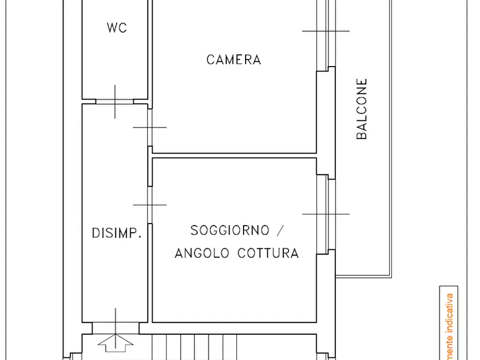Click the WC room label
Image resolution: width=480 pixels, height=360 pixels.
[117, 28]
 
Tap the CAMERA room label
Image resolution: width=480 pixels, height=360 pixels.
[234, 60]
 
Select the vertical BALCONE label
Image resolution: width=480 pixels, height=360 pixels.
[362, 109]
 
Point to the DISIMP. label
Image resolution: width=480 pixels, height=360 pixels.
[117, 233]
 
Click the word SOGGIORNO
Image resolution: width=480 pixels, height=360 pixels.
[230, 231]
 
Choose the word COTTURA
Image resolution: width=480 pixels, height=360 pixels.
[268, 253]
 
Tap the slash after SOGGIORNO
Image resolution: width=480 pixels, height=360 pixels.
[279, 231]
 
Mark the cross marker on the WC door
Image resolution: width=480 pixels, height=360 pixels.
[114, 101]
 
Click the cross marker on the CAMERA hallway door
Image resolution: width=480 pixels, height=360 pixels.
[150, 127]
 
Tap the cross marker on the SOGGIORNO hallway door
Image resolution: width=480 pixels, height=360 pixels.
[150, 204]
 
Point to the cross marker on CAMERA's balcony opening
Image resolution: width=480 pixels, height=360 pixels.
[326, 31]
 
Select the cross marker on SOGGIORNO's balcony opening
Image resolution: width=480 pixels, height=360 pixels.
[326, 214]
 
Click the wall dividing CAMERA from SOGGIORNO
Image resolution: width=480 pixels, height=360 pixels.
[234, 155]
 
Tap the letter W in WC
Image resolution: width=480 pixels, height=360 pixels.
[112, 28]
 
